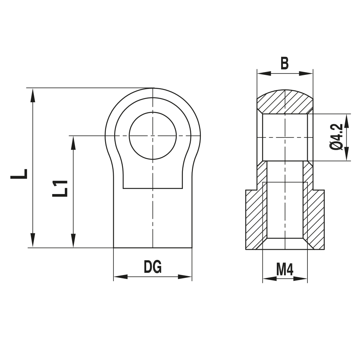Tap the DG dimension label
click(153, 267)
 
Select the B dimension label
click(284, 63)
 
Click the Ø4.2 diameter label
click(336, 137)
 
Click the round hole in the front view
click(153, 136)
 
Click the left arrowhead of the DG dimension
click(121, 277)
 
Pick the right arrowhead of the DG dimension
click(185, 277)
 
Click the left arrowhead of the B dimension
click(264, 73)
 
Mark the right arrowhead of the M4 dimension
click(301, 278)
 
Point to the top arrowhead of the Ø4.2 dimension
click(347, 121)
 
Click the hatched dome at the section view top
click(284, 102)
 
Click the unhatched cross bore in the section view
click(285, 137)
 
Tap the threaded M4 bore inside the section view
click(285, 209)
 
